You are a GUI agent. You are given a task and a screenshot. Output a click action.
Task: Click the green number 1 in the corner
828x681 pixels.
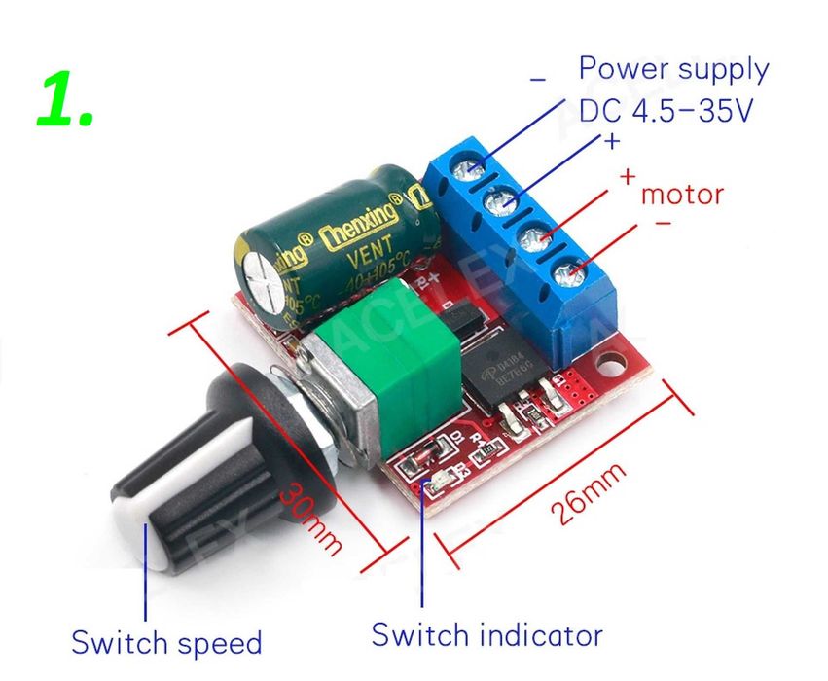[66, 100]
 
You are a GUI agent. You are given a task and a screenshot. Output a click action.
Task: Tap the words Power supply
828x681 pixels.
[673, 69]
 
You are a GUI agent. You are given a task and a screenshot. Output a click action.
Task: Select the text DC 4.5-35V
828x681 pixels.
[666, 111]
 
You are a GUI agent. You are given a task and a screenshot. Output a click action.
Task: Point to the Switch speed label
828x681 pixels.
[166, 642]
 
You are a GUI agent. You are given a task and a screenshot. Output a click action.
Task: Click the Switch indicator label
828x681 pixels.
[486, 635]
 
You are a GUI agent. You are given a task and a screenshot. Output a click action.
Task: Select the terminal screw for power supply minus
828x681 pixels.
[473, 171]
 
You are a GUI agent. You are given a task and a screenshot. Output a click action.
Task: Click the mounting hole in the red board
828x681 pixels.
[613, 368]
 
